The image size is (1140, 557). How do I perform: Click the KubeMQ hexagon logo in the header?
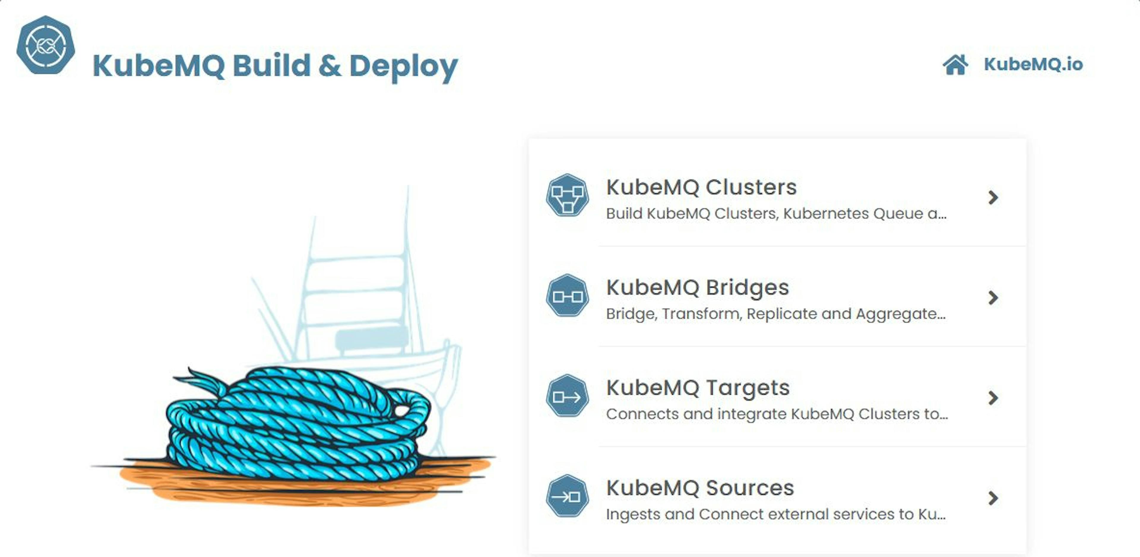click(x=46, y=45)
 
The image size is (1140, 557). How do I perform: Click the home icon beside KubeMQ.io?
click(x=955, y=65)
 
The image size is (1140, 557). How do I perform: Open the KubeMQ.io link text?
click(x=1033, y=64)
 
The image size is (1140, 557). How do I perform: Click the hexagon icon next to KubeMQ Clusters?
click(x=567, y=195)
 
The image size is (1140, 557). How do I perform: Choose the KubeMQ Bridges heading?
click(x=697, y=287)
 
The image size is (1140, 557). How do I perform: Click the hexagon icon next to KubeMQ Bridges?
click(x=567, y=295)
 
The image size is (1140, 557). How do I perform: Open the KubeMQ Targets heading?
click(x=698, y=388)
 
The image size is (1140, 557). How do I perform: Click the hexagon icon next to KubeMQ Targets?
click(x=567, y=396)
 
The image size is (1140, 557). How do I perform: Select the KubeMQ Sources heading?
click(x=700, y=488)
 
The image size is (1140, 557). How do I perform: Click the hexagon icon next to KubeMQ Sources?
click(x=567, y=496)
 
